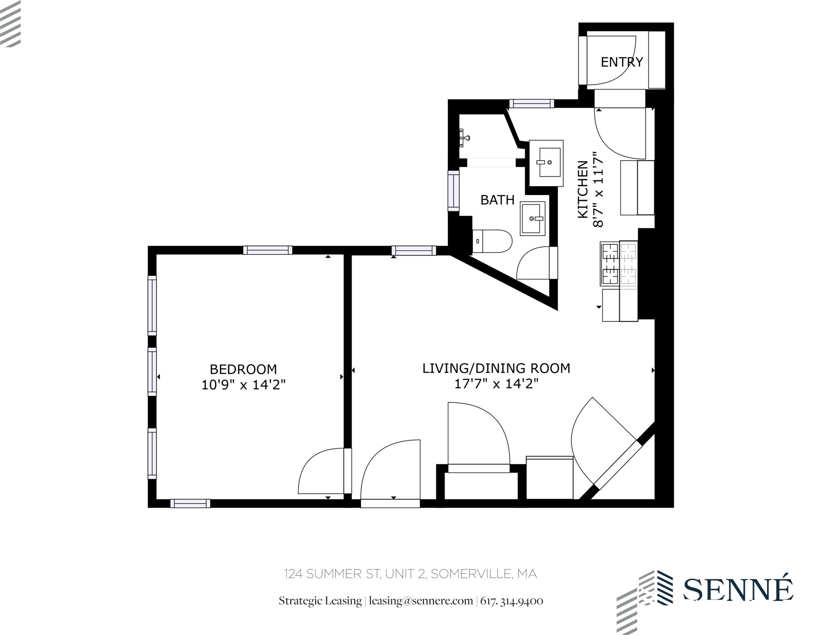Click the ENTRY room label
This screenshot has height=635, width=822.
[x=621, y=62]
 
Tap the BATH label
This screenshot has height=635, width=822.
[x=497, y=200]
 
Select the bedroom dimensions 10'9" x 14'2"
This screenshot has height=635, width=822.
[x=243, y=385]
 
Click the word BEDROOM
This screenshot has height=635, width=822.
[x=243, y=369]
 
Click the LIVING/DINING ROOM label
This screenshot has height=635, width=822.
[x=496, y=368]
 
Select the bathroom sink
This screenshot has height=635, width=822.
[x=533, y=219]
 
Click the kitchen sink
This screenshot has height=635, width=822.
[x=546, y=163]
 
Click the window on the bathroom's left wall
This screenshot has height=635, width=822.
[x=453, y=191]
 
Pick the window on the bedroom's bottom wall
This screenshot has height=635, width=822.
[x=190, y=503]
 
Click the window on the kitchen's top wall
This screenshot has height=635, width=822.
[x=531, y=104]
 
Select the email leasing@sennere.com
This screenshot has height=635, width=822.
[x=421, y=601]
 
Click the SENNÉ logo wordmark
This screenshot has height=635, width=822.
[x=738, y=589]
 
